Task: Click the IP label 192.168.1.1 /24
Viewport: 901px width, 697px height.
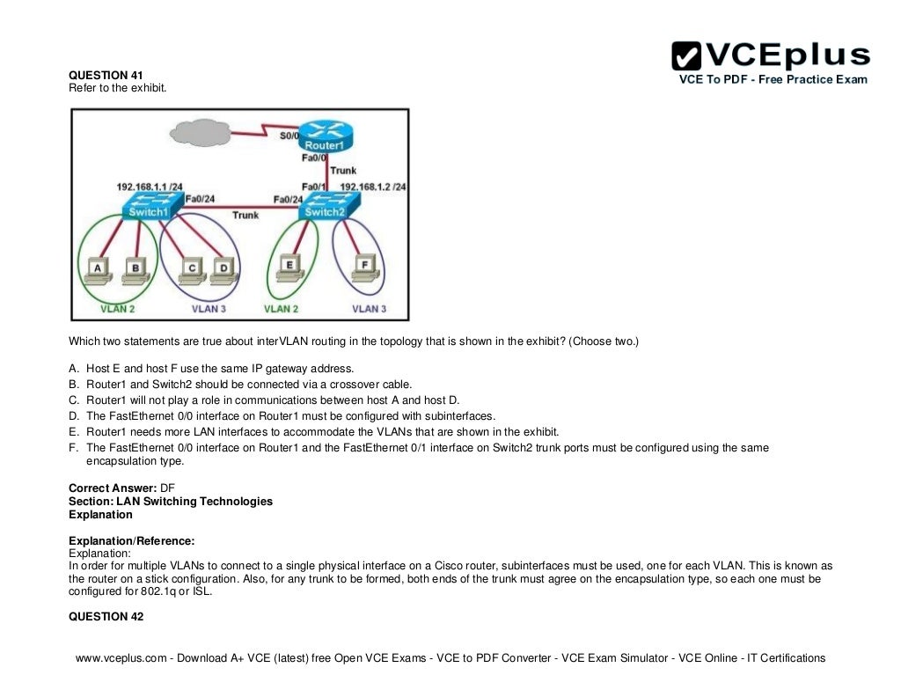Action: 150,187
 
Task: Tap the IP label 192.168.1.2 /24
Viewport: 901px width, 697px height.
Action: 373,187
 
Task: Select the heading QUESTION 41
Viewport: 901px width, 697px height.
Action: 106,75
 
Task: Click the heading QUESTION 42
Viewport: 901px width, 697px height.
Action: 106,616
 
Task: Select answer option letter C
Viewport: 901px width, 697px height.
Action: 74,400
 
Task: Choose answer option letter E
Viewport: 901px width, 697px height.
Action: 74,431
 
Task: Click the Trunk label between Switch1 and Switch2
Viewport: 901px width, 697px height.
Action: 245,215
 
